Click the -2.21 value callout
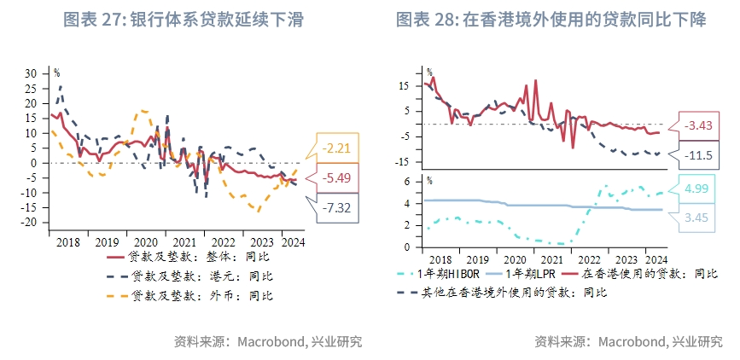[x=339, y=148]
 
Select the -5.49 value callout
[x=339, y=177]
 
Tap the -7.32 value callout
[x=339, y=207]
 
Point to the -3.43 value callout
[x=699, y=125]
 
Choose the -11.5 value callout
[x=699, y=154]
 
